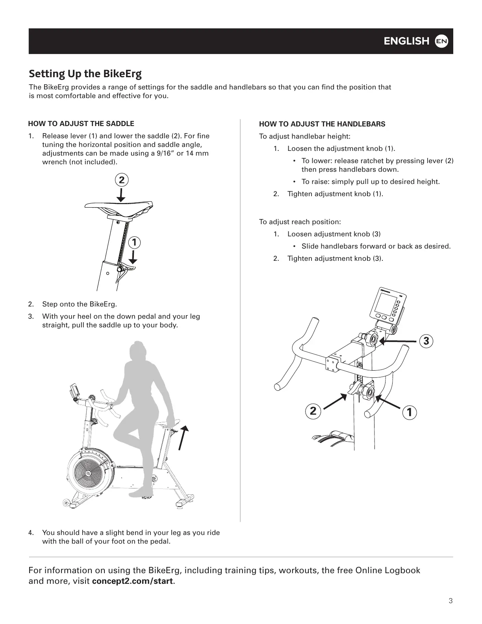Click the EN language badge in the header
[x=441, y=41]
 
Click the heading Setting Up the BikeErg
[x=85, y=74]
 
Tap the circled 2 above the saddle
[x=122, y=180]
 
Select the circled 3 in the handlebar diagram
[x=426, y=341]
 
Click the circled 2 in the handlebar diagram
[x=313, y=411]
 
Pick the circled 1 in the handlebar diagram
[x=410, y=412]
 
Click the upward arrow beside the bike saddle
[x=183, y=437]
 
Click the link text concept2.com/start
[x=132, y=581]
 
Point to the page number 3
[x=450, y=601]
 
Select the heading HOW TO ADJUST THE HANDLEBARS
[x=322, y=124]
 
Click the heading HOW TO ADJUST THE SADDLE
[x=81, y=124]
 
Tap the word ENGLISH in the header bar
[x=406, y=41]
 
